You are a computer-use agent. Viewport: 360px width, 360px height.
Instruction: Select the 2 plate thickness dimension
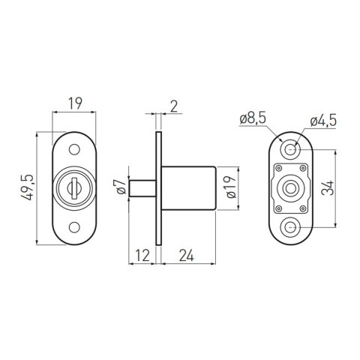(x=175, y=106)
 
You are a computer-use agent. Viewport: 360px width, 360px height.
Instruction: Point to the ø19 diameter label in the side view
(x=232, y=187)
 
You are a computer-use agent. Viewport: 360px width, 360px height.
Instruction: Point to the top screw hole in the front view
(x=73, y=149)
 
